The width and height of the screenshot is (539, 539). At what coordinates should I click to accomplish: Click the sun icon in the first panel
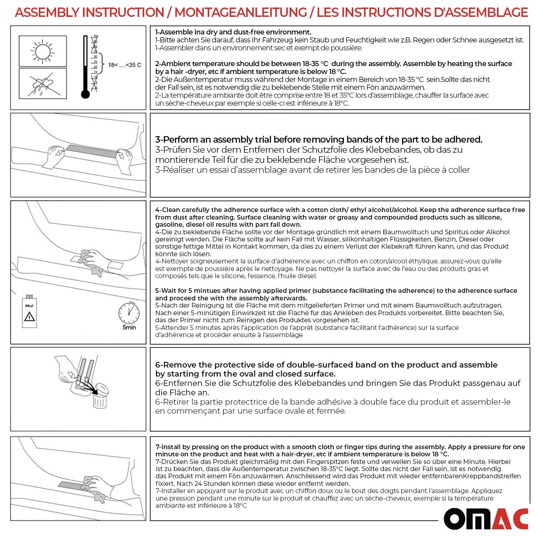coord(43,51)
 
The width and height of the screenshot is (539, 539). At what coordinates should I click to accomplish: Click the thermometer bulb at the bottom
coord(85,94)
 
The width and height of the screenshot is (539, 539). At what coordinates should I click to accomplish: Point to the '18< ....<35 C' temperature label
coord(125,65)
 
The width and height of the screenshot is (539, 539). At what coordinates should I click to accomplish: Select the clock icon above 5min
coord(129,313)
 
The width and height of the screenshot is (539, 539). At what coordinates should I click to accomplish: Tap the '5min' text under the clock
coord(129,328)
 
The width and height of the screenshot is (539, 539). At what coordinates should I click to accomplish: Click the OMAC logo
coord(486,519)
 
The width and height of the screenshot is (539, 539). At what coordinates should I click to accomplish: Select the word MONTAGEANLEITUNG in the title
coord(241,13)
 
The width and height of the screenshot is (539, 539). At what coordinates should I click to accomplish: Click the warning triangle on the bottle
coord(29,317)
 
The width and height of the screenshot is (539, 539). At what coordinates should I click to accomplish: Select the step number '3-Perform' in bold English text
coord(176,140)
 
